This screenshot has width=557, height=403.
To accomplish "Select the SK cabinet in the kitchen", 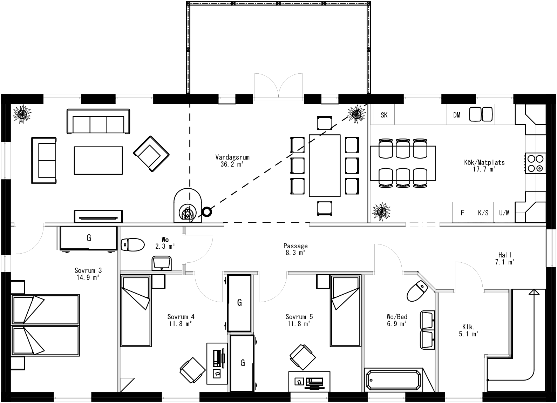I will tap(384, 115).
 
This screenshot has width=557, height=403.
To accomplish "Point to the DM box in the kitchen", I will tap(457, 115).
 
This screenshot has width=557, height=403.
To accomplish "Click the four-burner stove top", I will tap(535, 163).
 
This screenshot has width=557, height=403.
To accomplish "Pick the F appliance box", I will tap(462, 213).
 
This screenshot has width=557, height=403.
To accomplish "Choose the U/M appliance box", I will tap(504, 213).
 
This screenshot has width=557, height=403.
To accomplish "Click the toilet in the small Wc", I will tap(133, 244).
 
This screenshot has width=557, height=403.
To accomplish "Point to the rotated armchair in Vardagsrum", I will tap(151, 154).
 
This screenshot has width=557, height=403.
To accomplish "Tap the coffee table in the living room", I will tap(98, 160).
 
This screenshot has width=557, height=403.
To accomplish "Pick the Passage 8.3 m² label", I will tap(296, 249).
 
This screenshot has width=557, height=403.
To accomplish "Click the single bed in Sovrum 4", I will tap(136, 311).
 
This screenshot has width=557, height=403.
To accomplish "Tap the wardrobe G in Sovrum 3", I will tap(88, 239).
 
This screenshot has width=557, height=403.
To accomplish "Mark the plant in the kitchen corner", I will tap(381, 211).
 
